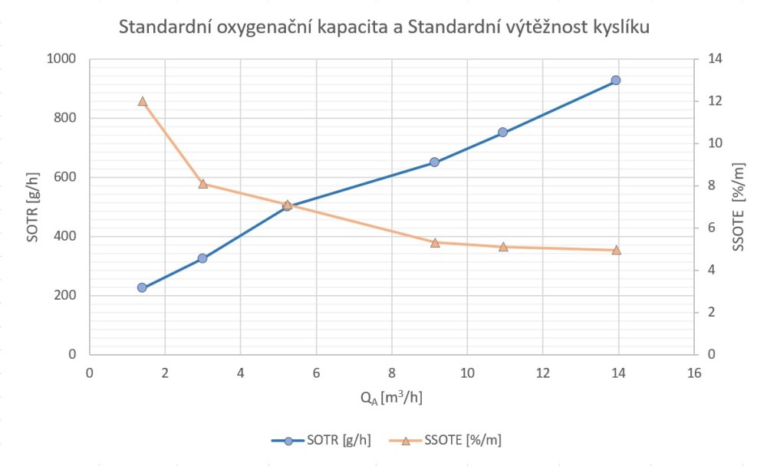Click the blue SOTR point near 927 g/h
[615, 80]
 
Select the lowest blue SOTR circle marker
[142, 287]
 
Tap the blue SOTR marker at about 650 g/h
[434, 162]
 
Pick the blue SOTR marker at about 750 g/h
[503, 133]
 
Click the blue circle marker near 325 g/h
[202, 258]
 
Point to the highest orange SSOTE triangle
[142, 101]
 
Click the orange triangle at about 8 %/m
[202, 184]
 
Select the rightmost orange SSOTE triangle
[616, 250]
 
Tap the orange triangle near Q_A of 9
[434, 243]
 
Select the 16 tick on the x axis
[694, 373]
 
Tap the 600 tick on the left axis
[67, 177]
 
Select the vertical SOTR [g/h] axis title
[31, 207]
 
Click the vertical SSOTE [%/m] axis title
[738, 207]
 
